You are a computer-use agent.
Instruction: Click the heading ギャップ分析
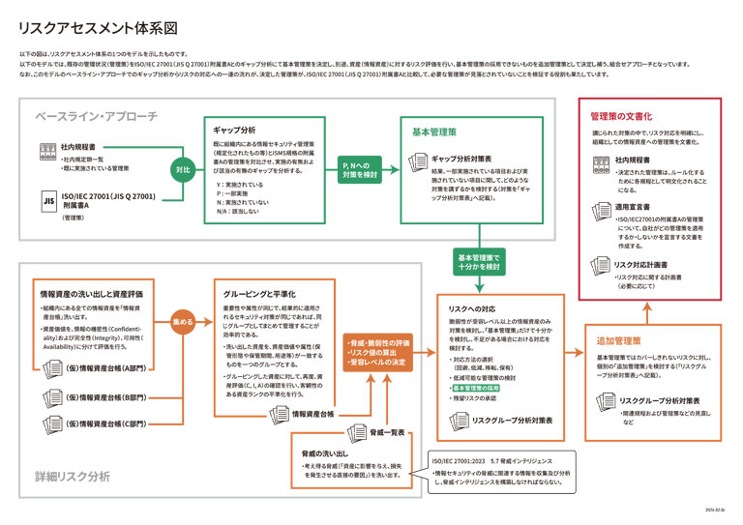coord(235,130)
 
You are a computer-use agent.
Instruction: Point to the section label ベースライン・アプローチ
coord(96,116)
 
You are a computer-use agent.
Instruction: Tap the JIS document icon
coord(48,200)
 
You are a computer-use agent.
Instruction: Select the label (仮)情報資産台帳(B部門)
coord(105,396)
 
